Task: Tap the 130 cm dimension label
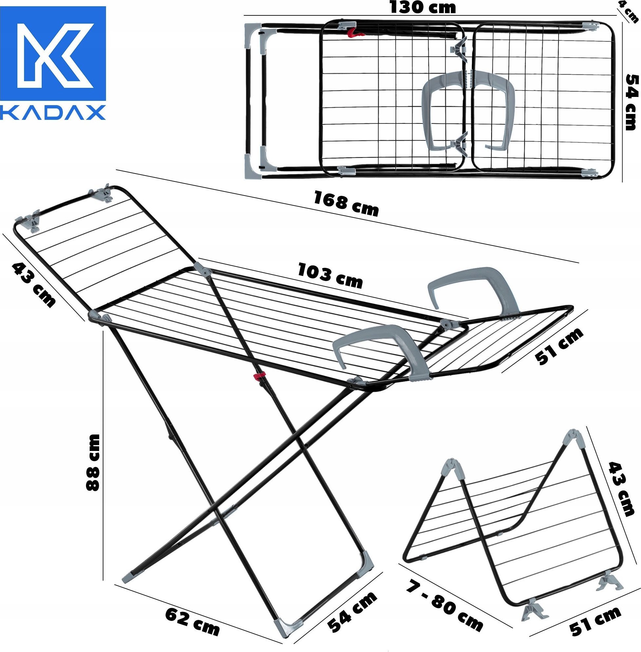422,8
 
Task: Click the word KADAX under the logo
53,113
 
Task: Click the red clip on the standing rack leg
259,375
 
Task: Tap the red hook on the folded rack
353,33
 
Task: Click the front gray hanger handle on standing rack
381,347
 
